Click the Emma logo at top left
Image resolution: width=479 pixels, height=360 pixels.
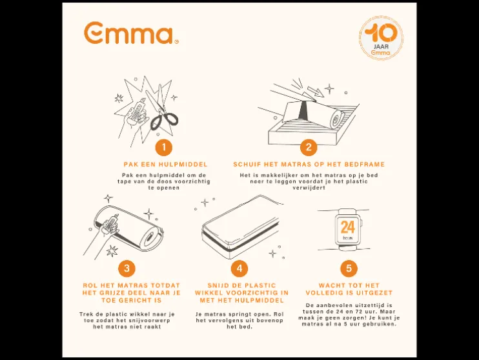(x=131, y=33)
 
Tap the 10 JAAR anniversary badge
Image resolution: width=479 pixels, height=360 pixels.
(x=381, y=38)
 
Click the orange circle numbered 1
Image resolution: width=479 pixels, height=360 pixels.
(x=164, y=148)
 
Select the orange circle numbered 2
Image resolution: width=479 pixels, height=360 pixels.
(x=309, y=147)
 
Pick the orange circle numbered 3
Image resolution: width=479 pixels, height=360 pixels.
(x=127, y=268)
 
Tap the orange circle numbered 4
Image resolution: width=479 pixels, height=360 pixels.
(x=239, y=268)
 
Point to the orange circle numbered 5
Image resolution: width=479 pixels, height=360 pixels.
(x=349, y=268)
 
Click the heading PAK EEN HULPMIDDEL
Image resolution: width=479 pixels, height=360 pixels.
(x=165, y=165)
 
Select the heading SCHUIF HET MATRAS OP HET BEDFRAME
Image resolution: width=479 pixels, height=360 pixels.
(x=309, y=165)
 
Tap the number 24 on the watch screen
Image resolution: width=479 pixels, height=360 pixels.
(x=348, y=227)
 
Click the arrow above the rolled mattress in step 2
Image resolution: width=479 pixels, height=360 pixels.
(x=315, y=92)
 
